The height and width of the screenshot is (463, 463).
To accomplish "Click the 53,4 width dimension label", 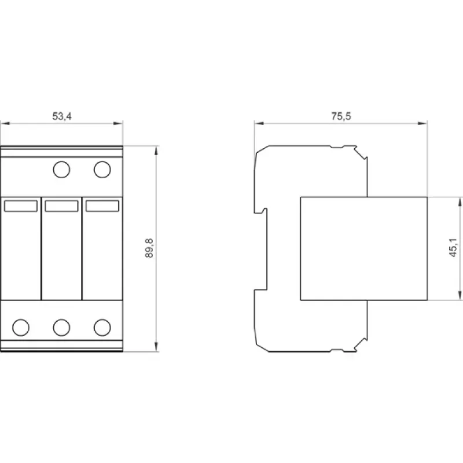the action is click(x=62, y=116).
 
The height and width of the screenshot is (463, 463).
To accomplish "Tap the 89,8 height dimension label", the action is click(x=149, y=248).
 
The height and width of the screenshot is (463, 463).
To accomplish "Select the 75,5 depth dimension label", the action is click(x=341, y=116).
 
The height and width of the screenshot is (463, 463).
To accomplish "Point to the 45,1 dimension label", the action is click(x=453, y=248).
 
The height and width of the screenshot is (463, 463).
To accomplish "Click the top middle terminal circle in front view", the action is click(x=61, y=170).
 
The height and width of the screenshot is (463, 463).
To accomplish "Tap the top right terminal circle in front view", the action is click(x=102, y=170).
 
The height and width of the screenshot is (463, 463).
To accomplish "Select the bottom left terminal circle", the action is click(x=21, y=328).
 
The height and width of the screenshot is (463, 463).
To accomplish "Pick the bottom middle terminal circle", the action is click(x=61, y=328).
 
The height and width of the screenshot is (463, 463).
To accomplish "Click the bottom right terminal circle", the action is click(x=102, y=328).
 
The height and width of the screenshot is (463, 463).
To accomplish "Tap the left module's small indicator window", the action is click(x=21, y=206).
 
